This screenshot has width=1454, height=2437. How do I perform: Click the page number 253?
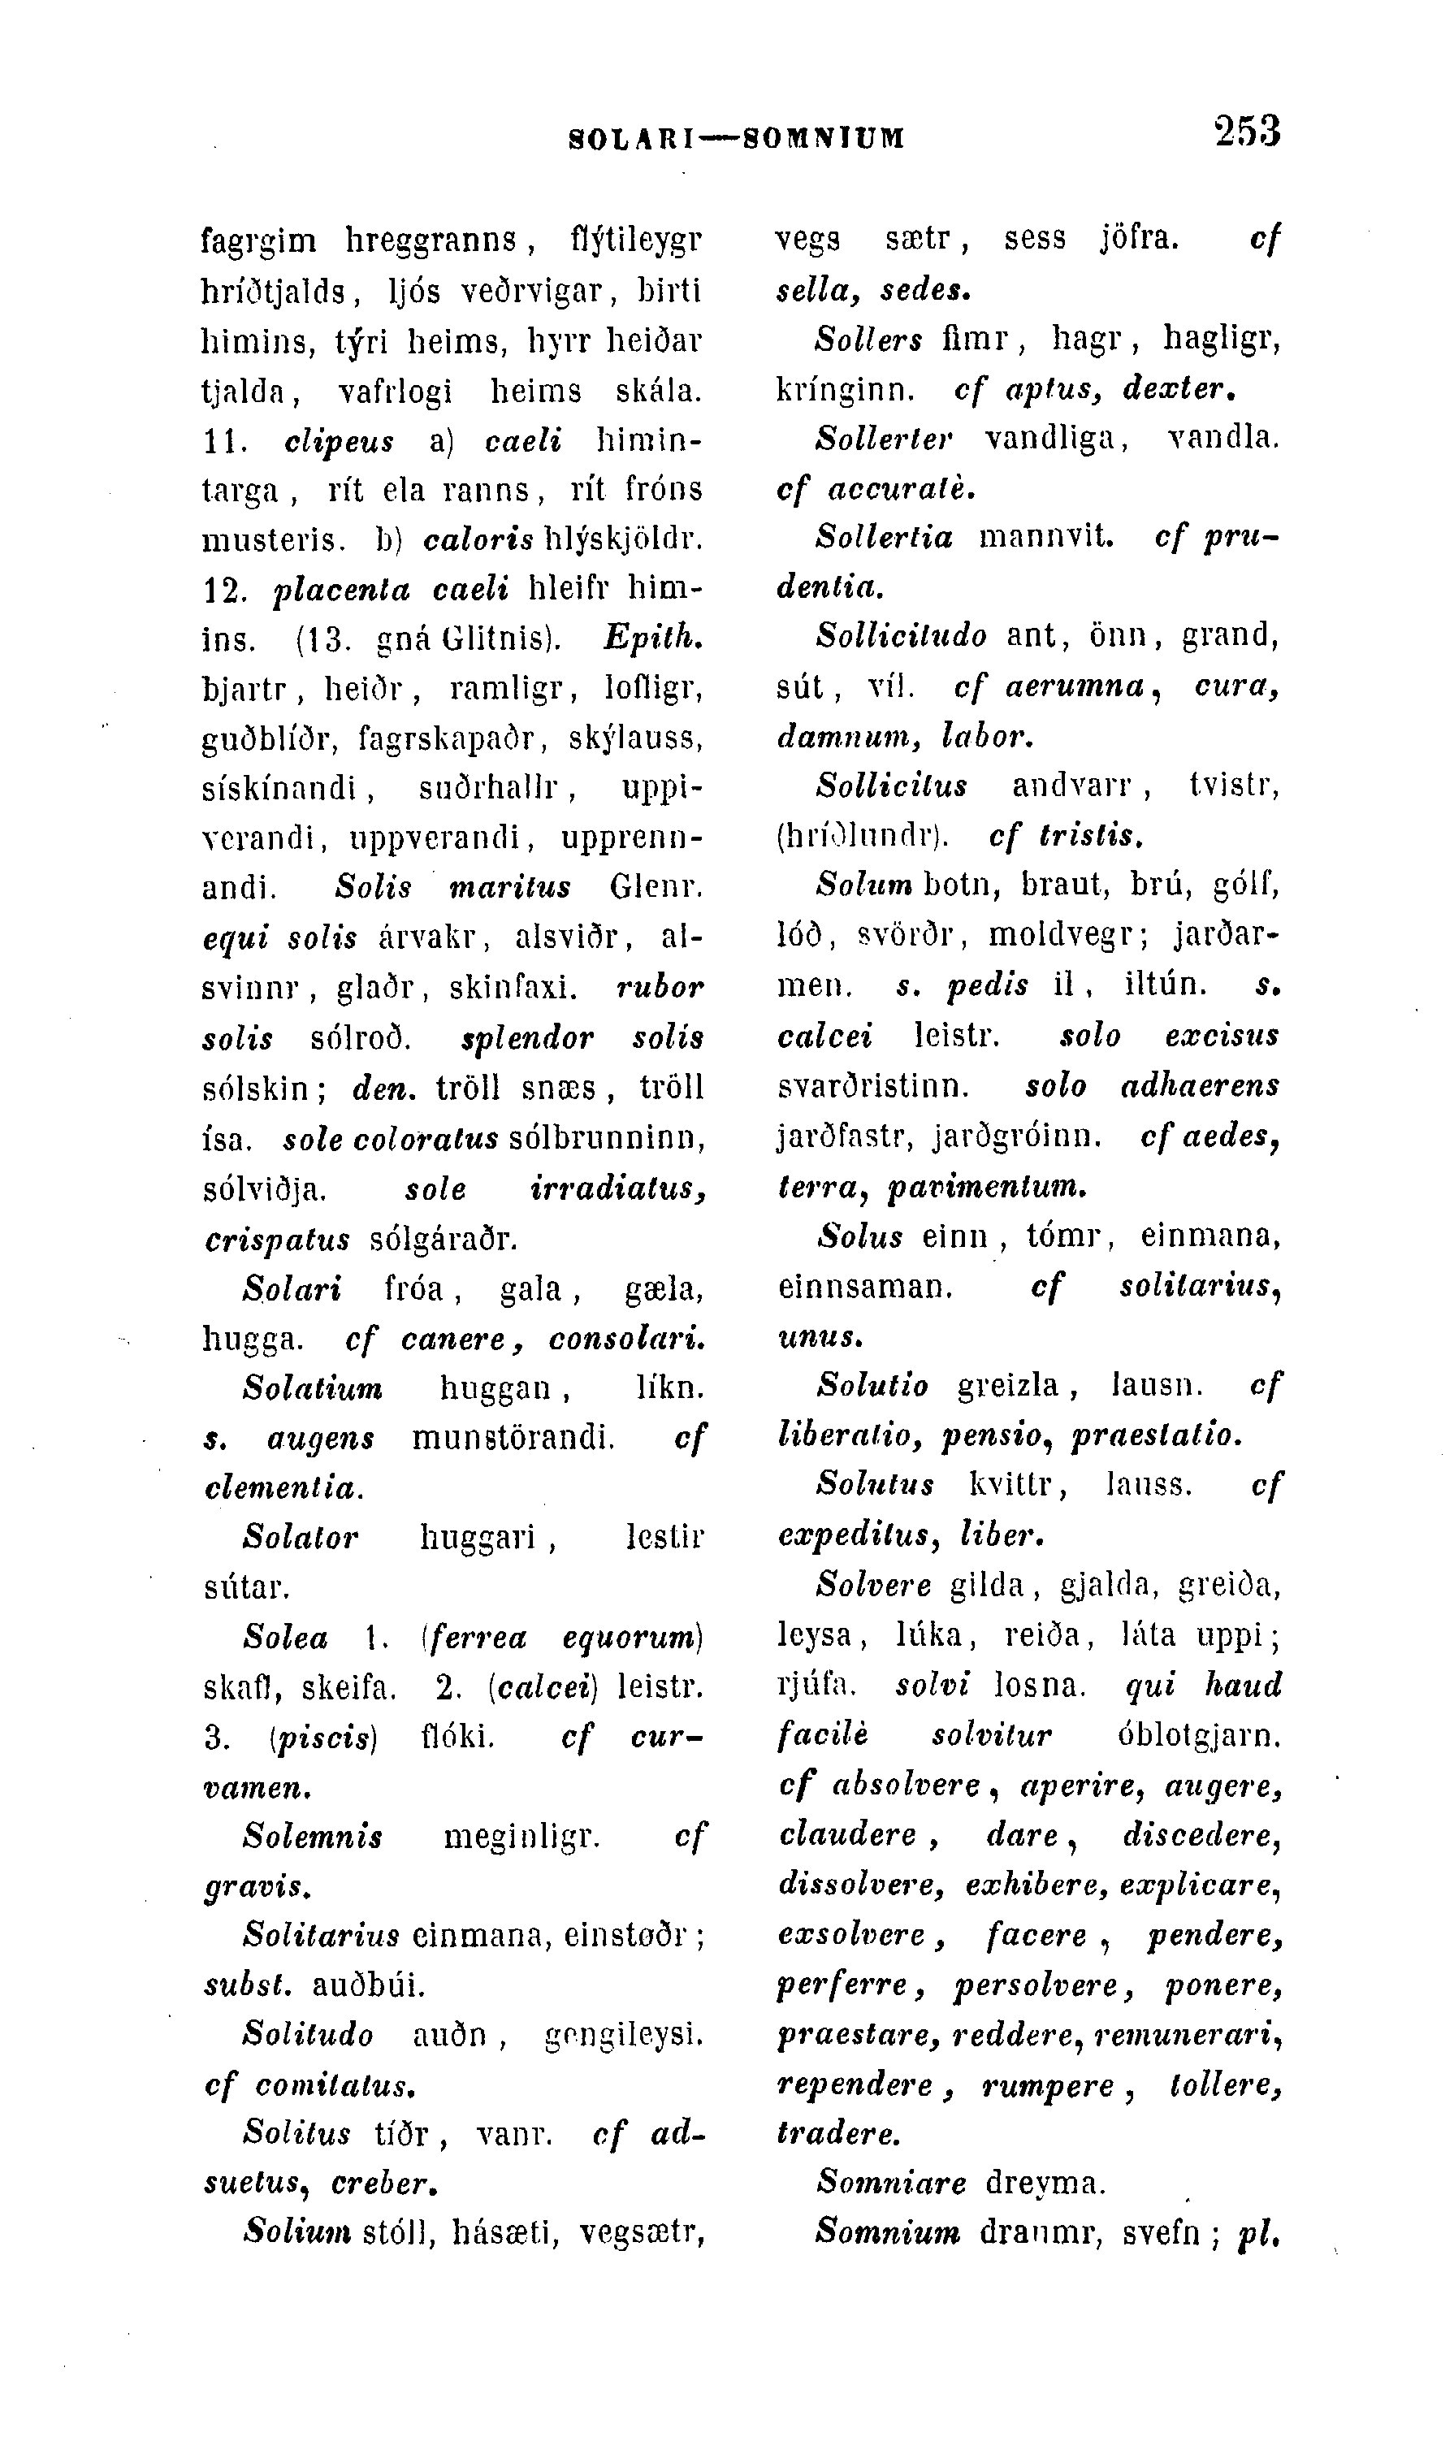[1246, 132]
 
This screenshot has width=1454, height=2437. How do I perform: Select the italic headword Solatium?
[313, 1387]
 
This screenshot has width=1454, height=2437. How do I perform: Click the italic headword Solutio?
[873, 1386]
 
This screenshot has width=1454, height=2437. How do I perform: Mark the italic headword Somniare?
[890, 2184]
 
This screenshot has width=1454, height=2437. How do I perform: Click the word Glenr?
[656, 887]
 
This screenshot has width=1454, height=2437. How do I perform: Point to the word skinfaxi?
[513, 988]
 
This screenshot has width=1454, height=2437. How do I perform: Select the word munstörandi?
[513, 1438]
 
